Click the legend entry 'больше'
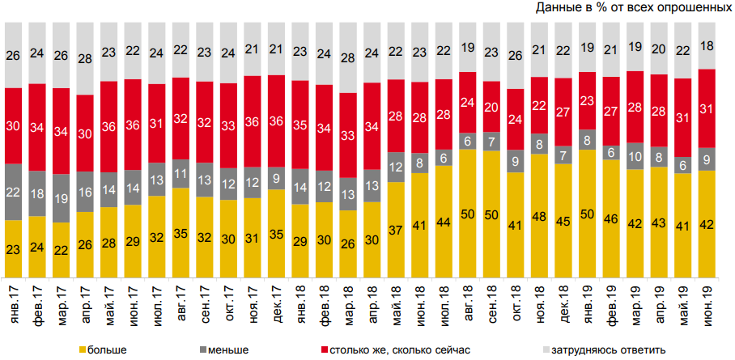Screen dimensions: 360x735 click(x=102, y=349)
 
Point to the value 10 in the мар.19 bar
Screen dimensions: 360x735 click(x=635, y=156)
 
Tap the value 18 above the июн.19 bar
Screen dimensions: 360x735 click(x=707, y=45)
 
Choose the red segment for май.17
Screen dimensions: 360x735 click(x=109, y=125)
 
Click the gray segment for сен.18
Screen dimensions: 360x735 click(x=491, y=142)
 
